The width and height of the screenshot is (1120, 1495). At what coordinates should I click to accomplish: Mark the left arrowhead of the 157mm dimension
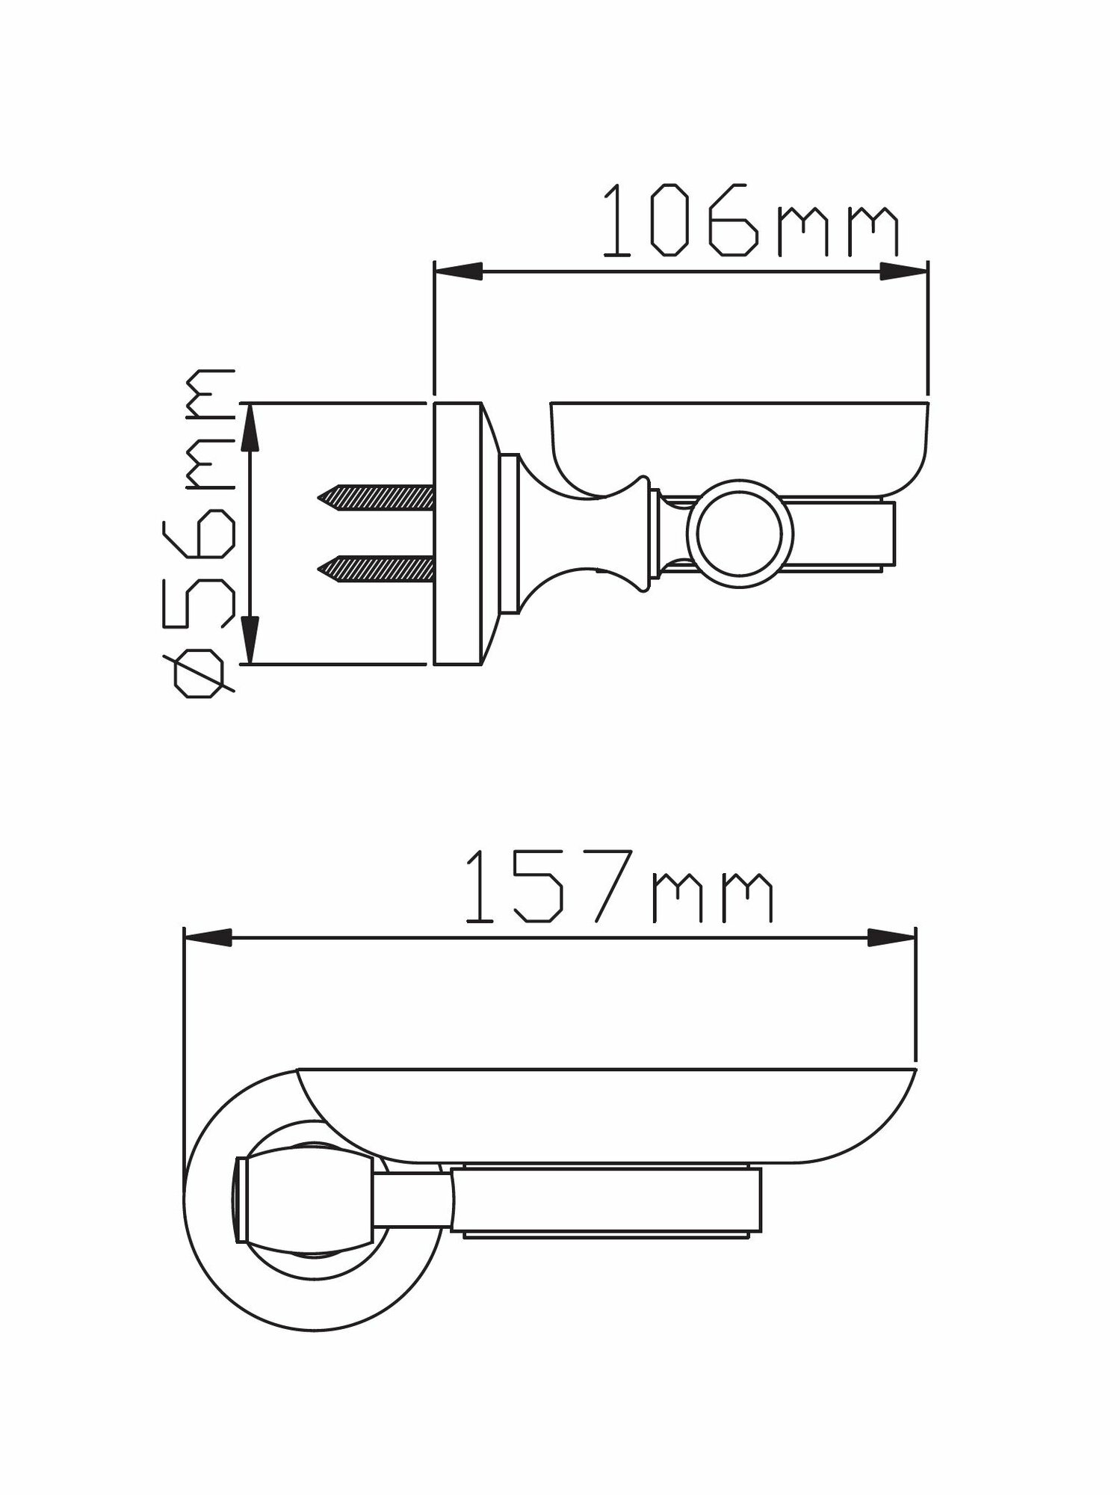click(x=207, y=940)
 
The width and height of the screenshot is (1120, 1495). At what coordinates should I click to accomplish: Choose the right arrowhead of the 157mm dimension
click(x=892, y=940)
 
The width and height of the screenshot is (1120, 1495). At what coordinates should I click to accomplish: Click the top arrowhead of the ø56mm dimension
click(x=251, y=426)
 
